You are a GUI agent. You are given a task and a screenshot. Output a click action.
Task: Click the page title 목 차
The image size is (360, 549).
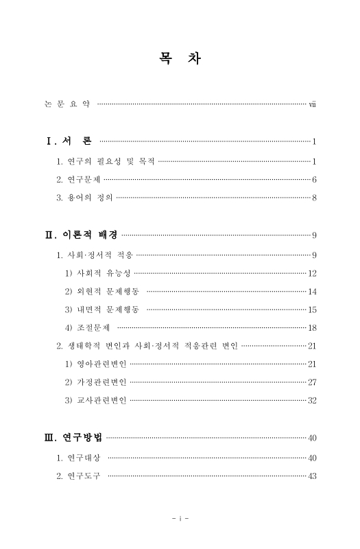point(180,60)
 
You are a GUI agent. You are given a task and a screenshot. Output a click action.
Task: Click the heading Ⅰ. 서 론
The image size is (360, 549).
point(69,142)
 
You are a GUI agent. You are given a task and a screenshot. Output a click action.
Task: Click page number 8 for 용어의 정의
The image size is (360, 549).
point(313,198)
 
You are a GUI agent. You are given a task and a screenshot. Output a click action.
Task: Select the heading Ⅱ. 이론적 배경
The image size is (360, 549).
point(80,236)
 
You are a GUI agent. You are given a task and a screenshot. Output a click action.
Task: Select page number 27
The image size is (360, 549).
point(311,382)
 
